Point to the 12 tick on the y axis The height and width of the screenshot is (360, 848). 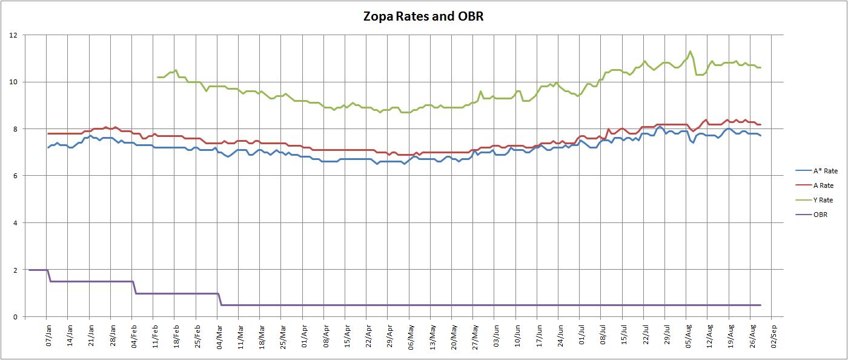coord(13,35)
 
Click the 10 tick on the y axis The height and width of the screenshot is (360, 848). coord(13,82)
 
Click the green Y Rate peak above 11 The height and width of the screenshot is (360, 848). coord(690,52)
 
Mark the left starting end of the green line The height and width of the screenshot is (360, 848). coord(157,77)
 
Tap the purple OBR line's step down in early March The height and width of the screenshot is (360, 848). coord(220,299)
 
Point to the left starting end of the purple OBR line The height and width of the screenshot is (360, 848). coord(29,270)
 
